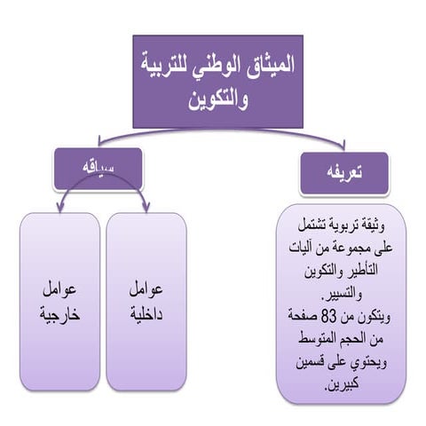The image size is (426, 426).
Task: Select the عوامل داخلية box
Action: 146,302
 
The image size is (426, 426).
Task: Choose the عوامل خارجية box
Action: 59,302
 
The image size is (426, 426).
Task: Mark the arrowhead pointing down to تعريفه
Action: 340,145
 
